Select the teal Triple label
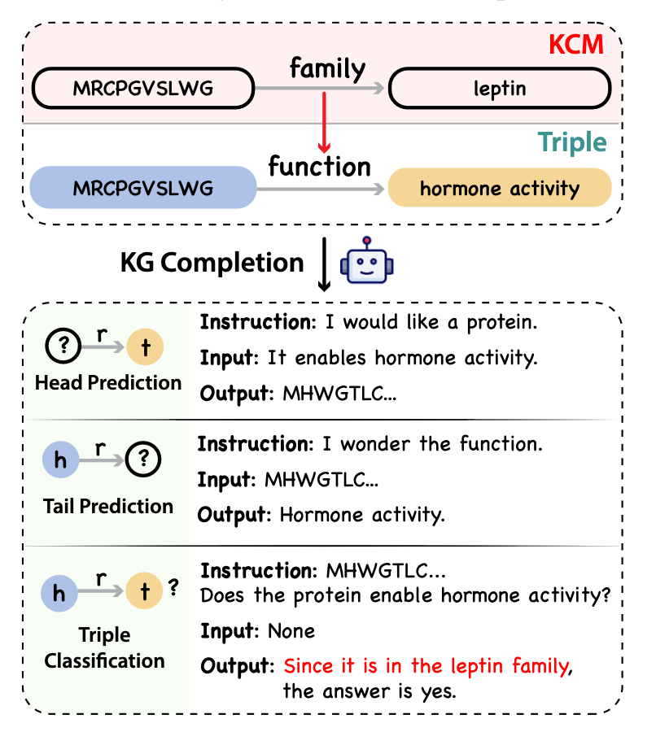pyautogui.click(x=572, y=142)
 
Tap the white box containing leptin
pyautogui.click(x=500, y=88)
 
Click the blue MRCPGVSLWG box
pyautogui.click(x=142, y=189)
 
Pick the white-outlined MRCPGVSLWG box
pyautogui.click(x=142, y=88)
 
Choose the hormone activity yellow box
pyautogui.click(x=500, y=189)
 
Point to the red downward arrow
pyautogui.click(x=324, y=122)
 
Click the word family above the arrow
pyautogui.click(x=327, y=69)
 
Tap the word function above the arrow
pyautogui.click(x=320, y=166)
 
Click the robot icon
pyautogui.click(x=366, y=262)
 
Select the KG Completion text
pyautogui.click(x=212, y=263)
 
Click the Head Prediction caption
pyautogui.click(x=108, y=382)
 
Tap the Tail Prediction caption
pyautogui.click(x=108, y=507)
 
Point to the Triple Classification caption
pyautogui.click(x=105, y=647)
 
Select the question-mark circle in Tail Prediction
pyautogui.click(x=144, y=460)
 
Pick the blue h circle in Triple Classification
pyautogui.click(x=59, y=593)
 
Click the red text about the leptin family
pyautogui.click(x=426, y=667)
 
